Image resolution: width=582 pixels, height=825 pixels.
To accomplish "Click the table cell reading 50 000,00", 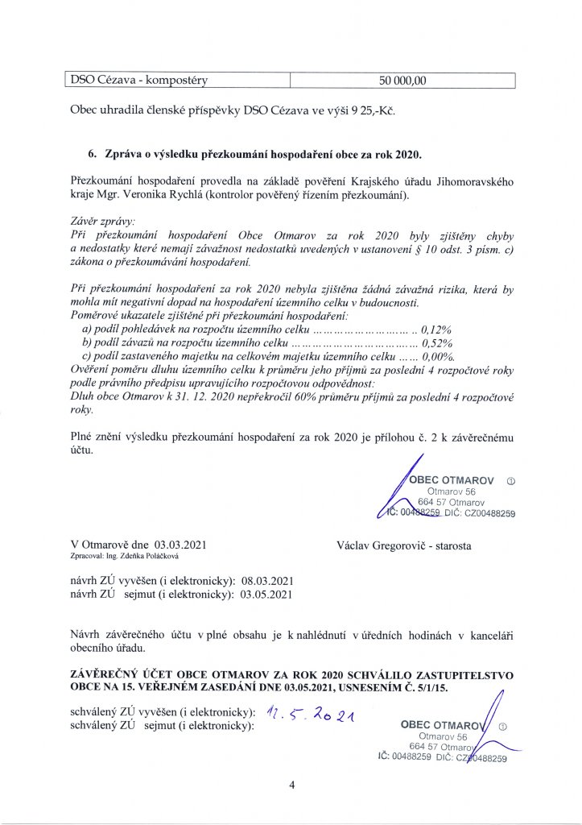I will click(x=403, y=80).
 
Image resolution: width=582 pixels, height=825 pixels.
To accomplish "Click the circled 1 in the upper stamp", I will click(x=510, y=479).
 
